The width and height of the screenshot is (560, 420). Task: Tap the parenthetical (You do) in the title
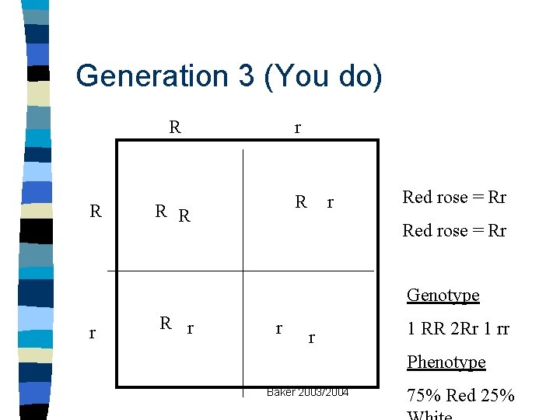coord(322,76)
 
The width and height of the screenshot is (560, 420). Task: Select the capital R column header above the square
coord(175,126)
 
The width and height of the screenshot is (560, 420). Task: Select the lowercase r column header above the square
coord(298,128)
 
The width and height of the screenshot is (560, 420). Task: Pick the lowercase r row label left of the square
coord(93,334)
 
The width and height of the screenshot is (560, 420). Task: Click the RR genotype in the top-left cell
coord(173,212)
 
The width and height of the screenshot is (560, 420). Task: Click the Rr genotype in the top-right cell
coord(314,203)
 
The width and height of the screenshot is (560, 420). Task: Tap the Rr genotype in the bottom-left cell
coord(176,325)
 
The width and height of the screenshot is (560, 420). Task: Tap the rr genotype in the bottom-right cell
coord(295,332)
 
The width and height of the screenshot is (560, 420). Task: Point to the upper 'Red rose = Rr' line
coord(454,197)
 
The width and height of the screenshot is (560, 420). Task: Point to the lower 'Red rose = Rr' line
coord(454,230)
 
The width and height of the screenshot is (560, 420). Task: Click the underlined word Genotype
coord(443,295)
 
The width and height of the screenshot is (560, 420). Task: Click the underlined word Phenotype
coord(446,362)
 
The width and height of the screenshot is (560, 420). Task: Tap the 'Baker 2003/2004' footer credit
coord(308,392)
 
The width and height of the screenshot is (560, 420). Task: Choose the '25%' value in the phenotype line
coord(497,396)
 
